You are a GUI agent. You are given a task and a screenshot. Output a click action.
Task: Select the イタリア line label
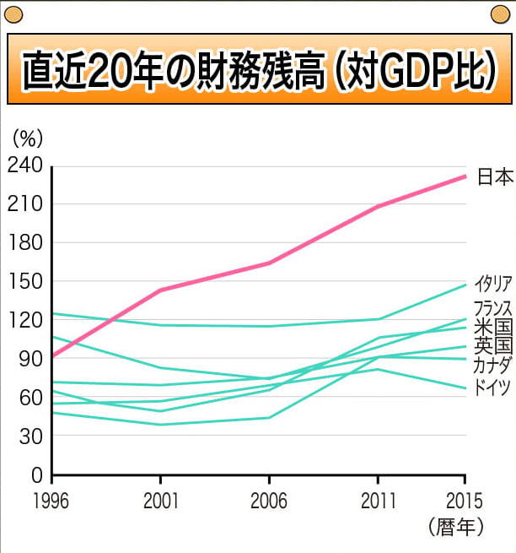click(x=493, y=284)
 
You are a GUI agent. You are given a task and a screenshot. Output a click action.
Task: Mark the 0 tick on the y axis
click(x=35, y=475)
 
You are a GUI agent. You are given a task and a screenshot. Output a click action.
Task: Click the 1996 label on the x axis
click(x=52, y=500)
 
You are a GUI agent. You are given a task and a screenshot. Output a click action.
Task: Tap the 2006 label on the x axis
click(x=270, y=500)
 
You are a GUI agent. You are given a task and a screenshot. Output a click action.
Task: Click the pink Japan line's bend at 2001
click(x=160, y=290)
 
